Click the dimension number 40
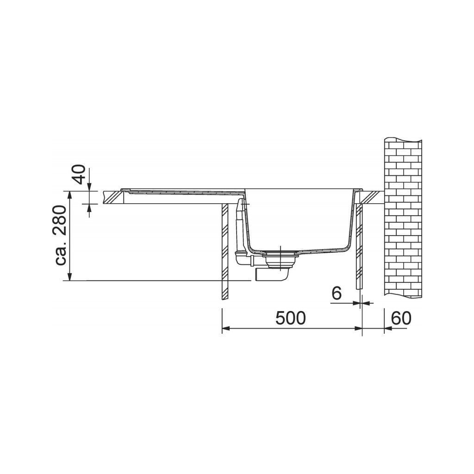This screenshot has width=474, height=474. [80, 175]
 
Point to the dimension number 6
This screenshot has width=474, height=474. [337, 293]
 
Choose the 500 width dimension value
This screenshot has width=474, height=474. [291, 318]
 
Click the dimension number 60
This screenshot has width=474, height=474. [401, 318]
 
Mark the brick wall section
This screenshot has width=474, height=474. [403, 217]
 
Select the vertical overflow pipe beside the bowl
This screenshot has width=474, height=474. [239, 224]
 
